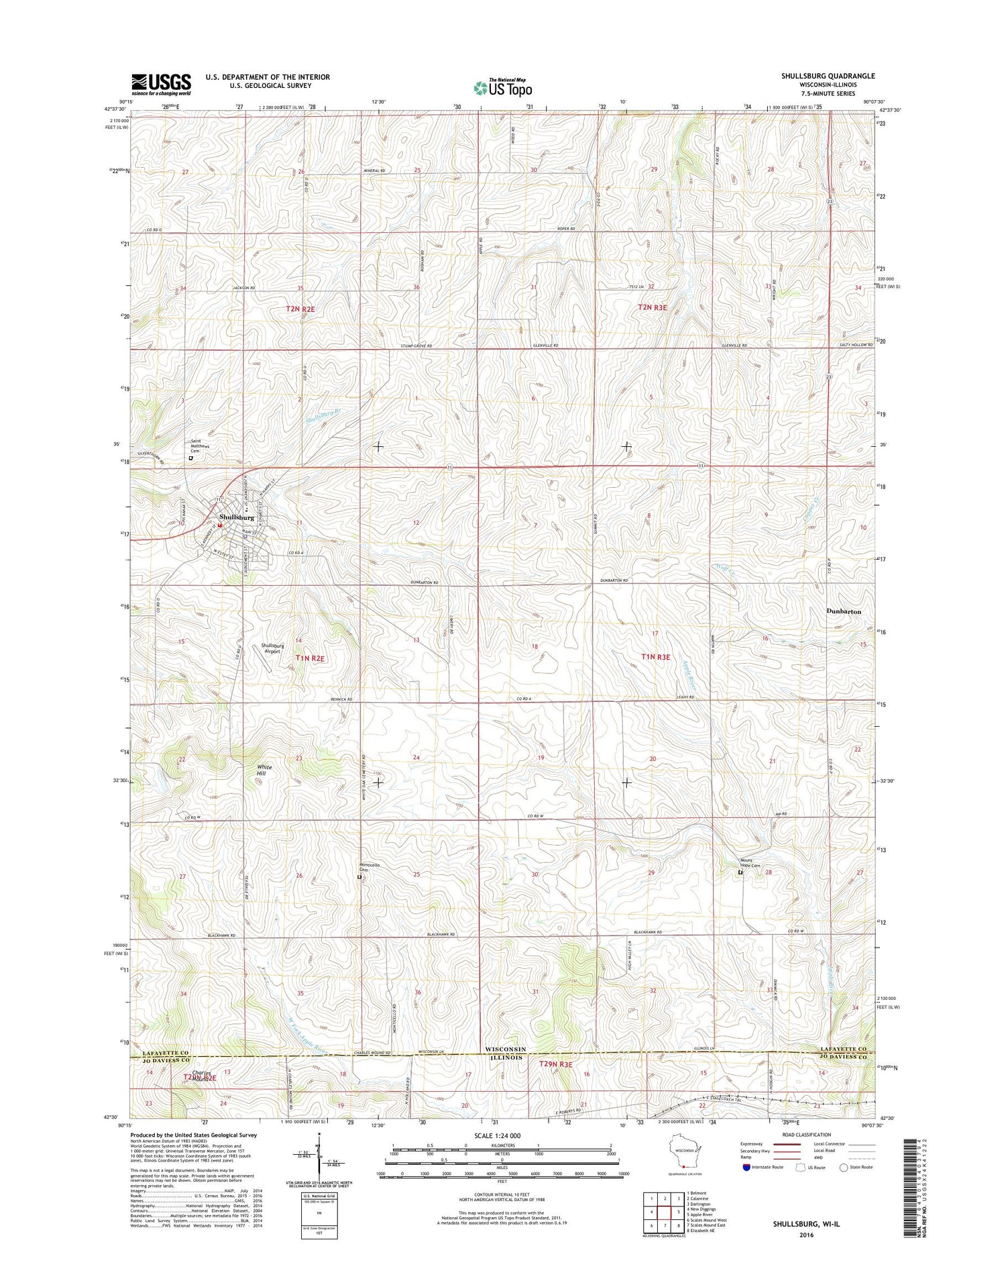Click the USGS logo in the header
[161, 84]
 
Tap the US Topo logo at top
[503, 87]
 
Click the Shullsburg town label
[237, 517]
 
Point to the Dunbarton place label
[843, 612]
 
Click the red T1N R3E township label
[655, 658]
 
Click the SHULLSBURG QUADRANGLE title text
[828, 76]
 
